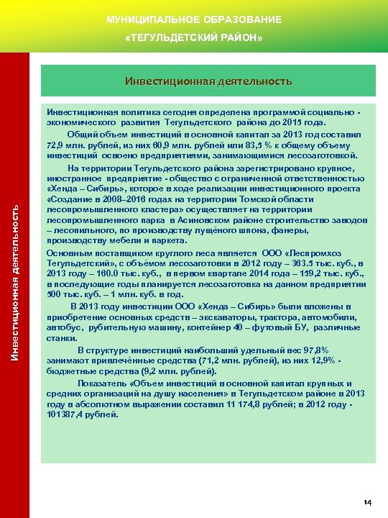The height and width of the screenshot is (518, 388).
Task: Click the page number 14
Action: tap(367, 501)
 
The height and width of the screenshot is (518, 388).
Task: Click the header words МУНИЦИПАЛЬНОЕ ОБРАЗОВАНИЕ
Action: tap(194, 19)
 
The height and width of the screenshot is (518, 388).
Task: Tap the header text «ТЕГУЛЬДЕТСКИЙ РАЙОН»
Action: tap(194, 36)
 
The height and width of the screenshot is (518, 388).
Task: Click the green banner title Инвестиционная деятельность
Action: tap(208, 81)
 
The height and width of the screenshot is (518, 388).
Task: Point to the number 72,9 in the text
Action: tap(55, 145)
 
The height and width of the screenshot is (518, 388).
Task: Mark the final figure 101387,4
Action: tap(69, 414)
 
